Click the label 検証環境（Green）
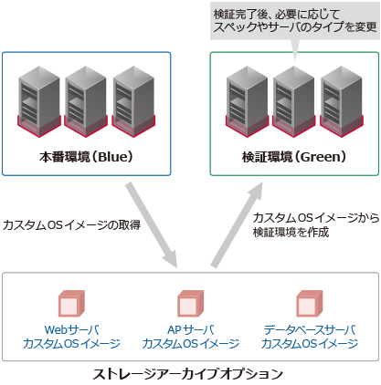pyautogui.click(x=293, y=156)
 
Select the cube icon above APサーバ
pyautogui.click(x=190, y=302)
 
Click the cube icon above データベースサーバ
pyautogui.click(x=309, y=302)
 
